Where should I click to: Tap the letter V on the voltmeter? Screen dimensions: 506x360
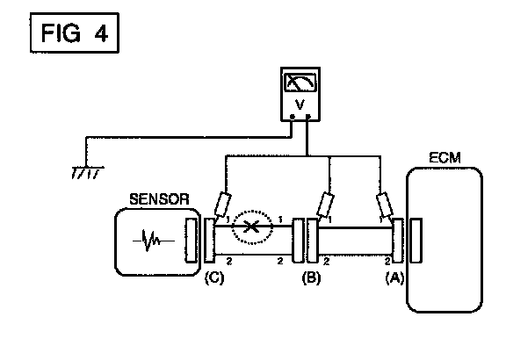pyautogui.click(x=300, y=104)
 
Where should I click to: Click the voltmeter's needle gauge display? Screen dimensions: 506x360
pyautogui.click(x=300, y=83)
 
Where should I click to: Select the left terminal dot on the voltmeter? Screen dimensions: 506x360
pyautogui.click(x=293, y=117)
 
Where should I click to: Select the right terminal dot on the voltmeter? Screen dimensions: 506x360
pyautogui.click(x=308, y=117)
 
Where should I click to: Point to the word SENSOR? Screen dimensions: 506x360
pyautogui.click(x=159, y=199)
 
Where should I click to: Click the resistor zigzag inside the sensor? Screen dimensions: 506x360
pyautogui.click(x=154, y=241)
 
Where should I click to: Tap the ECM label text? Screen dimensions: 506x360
pyautogui.click(x=445, y=158)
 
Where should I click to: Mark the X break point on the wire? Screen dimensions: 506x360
pyautogui.click(x=251, y=227)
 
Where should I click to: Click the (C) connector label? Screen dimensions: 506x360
pyautogui.click(x=214, y=277)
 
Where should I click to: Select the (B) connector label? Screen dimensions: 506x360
pyautogui.click(x=311, y=277)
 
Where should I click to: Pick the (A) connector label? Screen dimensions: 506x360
pyautogui.click(x=394, y=277)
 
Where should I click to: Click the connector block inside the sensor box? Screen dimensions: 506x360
pyautogui.click(x=191, y=241)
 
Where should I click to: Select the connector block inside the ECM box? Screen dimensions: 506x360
pyautogui.click(x=416, y=241)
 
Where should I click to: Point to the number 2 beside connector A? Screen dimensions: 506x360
pyautogui.click(x=387, y=261)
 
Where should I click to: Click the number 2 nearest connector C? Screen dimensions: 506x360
pyautogui.click(x=229, y=261)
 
